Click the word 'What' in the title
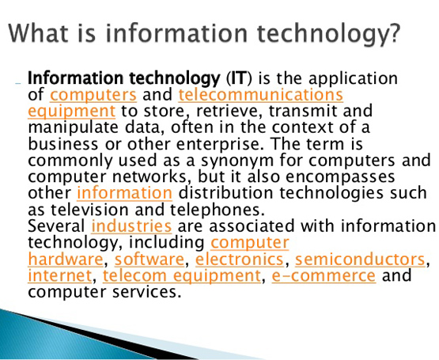click(38, 32)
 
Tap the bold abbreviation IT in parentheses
click(239, 78)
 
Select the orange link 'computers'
click(93, 95)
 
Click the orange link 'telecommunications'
click(261, 95)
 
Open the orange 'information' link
click(125, 193)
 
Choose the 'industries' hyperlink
click(131, 225)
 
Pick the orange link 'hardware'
click(66, 259)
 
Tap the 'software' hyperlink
click(149, 259)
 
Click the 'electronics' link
click(240, 259)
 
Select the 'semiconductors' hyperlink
click(360, 259)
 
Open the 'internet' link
click(60, 275)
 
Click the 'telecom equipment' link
click(182, 276)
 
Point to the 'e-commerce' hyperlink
click(324, 275)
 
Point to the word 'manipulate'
click(73, 128)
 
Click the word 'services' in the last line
click(145, 292)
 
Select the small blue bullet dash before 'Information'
click(18, 84)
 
